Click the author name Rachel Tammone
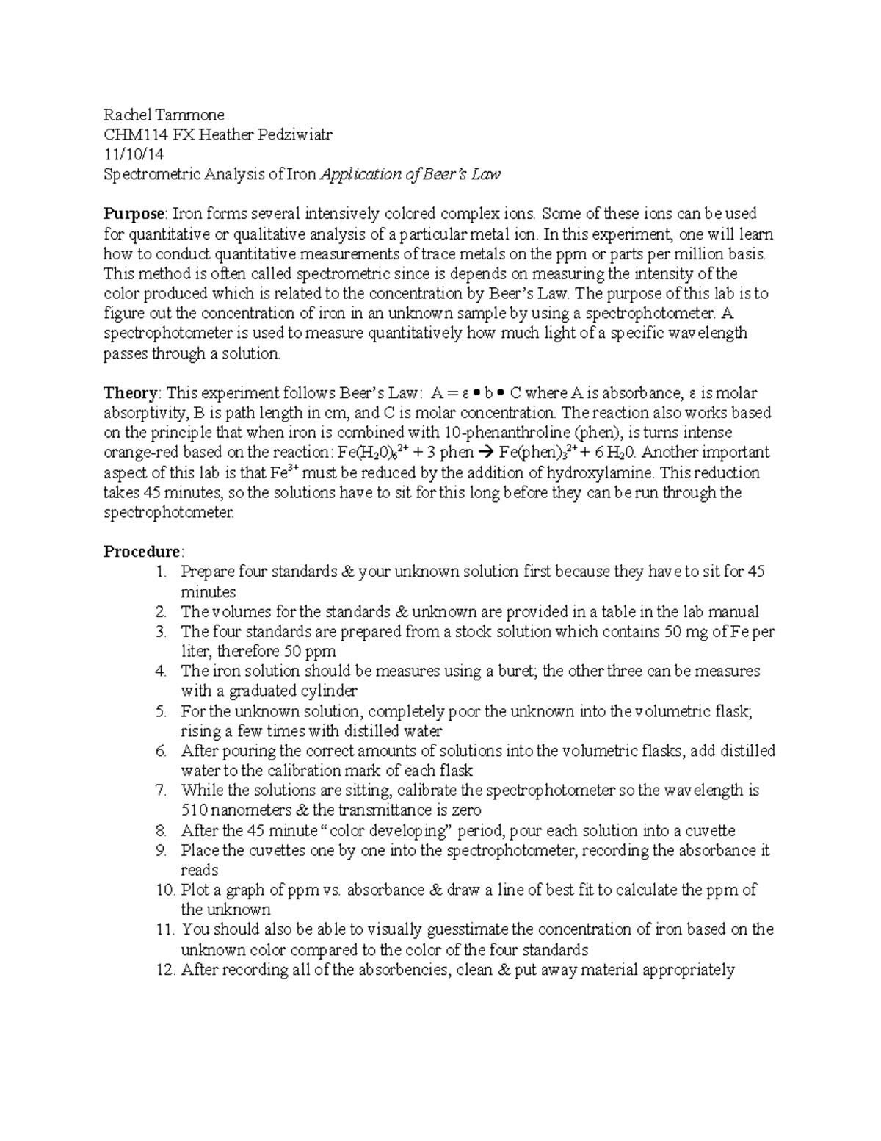pos(163,115)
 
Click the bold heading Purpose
pos(134,215)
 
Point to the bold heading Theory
pos(130,393)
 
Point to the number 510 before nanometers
pos(194,811)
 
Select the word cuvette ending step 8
pos(709,831)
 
